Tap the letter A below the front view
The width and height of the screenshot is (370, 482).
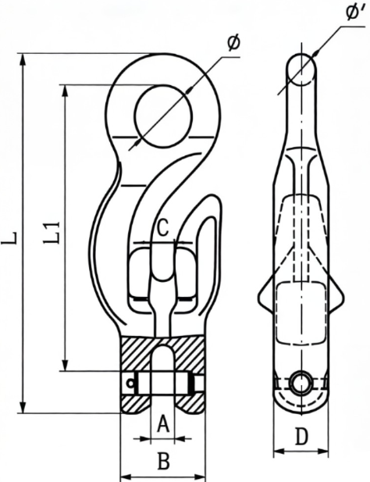click(x=162, y=423)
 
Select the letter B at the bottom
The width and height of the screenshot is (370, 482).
click(x=162, y=461)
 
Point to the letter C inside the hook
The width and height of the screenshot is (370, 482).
click(x=162, y=228)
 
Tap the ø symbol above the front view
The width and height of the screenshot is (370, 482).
click(x=233, y=44)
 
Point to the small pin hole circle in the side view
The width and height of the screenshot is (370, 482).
click(x=300, y=383)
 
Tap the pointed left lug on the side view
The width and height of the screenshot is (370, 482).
click(x=262, y=297)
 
